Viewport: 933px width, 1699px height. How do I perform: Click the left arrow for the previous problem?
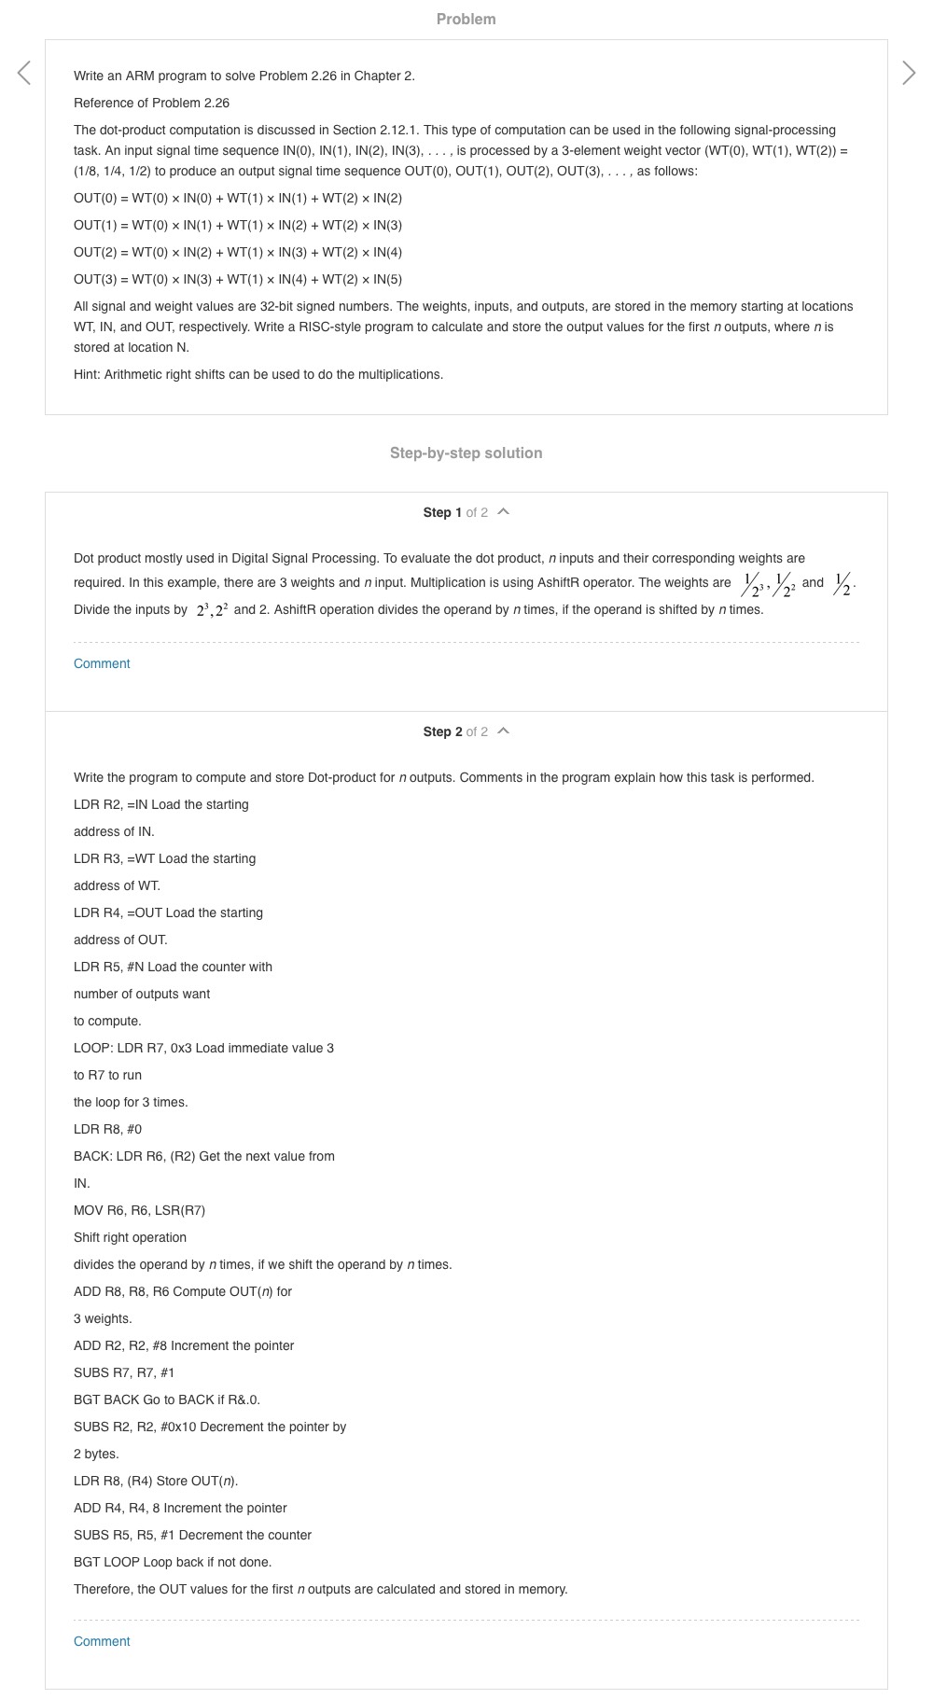24,73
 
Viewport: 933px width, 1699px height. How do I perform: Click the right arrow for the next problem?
909,73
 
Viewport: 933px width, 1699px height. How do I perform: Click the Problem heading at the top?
466,19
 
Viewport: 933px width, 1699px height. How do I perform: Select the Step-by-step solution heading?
466,453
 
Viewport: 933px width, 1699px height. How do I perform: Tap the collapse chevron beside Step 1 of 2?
504,512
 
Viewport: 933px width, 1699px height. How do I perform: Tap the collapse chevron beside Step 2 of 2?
504,731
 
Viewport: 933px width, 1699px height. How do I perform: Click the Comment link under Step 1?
102,663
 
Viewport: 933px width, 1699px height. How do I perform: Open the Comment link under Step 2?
102,1641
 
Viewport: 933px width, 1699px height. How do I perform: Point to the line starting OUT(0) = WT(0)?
238,198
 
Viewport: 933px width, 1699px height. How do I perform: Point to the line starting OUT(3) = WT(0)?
238,279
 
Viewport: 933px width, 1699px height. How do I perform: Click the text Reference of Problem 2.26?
151,103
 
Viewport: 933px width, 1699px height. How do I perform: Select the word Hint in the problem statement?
87,374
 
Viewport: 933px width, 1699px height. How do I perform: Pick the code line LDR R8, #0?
107,1129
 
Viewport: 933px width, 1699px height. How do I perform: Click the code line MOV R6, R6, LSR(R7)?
139,1210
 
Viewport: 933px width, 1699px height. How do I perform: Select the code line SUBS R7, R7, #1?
124,1372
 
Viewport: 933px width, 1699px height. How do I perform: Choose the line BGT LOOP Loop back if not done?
173,1562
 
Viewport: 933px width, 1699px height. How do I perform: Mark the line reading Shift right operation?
130,1237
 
